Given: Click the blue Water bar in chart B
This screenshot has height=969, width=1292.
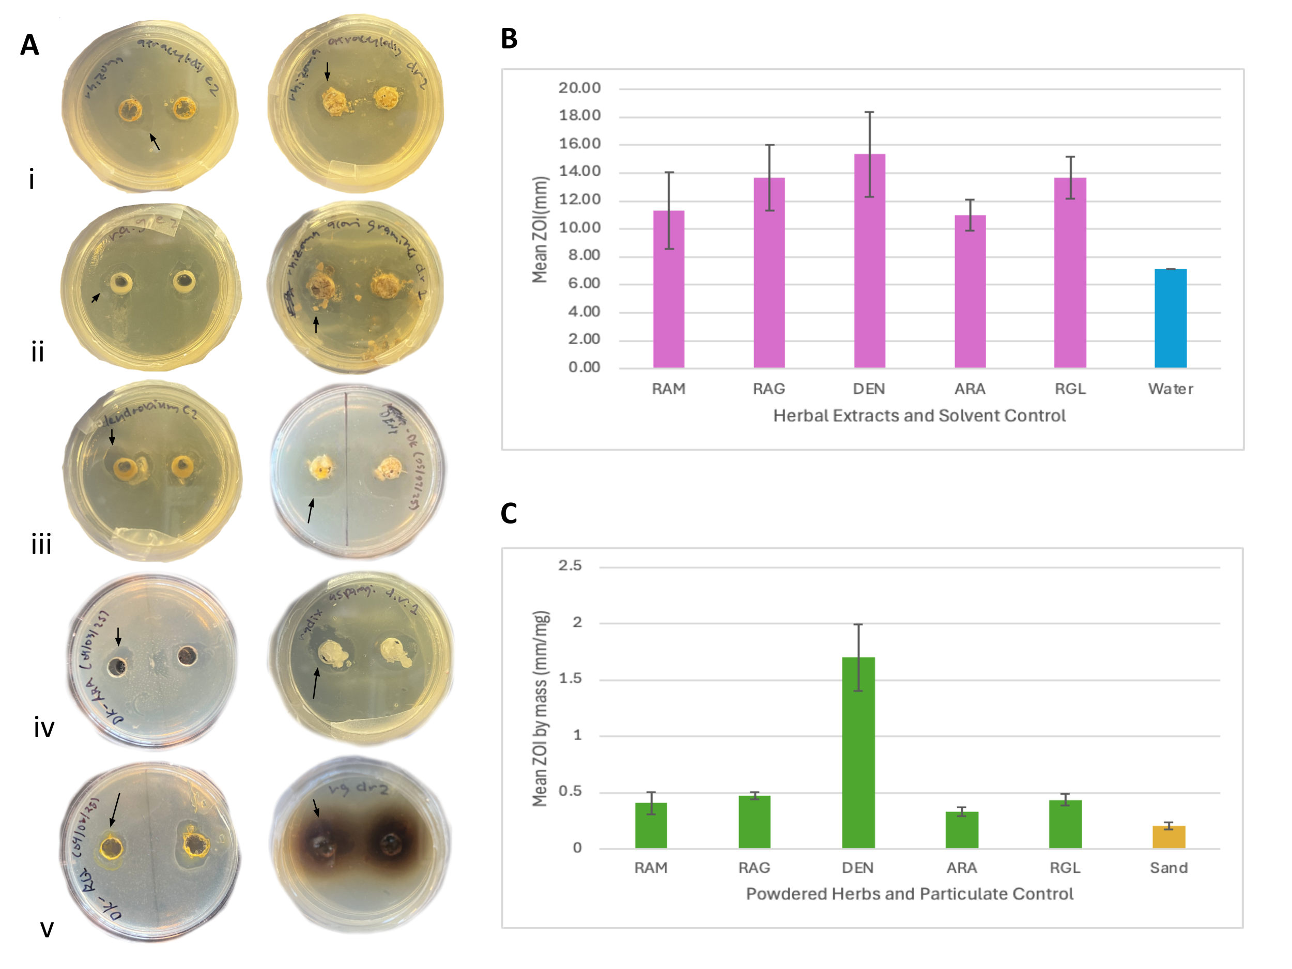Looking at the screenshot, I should [1170, 318].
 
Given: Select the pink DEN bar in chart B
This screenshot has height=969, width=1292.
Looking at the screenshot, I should [869, 260].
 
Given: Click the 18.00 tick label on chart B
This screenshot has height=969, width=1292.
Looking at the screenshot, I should [579, 116].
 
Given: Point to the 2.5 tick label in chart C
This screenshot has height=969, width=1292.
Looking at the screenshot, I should [570, 565].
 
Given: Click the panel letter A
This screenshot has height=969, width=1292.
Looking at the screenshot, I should [30, 45].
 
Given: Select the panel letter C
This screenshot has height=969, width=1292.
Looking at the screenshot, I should [509, 513].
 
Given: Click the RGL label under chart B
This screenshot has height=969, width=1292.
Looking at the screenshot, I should [1070, 389].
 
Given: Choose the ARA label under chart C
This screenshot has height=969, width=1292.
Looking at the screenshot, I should [961, 868].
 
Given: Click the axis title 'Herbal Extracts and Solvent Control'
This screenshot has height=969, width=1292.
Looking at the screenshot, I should [919, 416].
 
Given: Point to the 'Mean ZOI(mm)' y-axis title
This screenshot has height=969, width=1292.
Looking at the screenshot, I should [540, 229].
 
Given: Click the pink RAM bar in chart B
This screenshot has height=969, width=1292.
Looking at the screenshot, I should [668, 289].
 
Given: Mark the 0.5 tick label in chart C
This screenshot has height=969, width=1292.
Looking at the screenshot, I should [570, 791].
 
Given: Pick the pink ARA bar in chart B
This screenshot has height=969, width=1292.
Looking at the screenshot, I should [970, 291].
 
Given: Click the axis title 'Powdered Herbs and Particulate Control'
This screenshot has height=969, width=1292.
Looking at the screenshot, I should [910, 894].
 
